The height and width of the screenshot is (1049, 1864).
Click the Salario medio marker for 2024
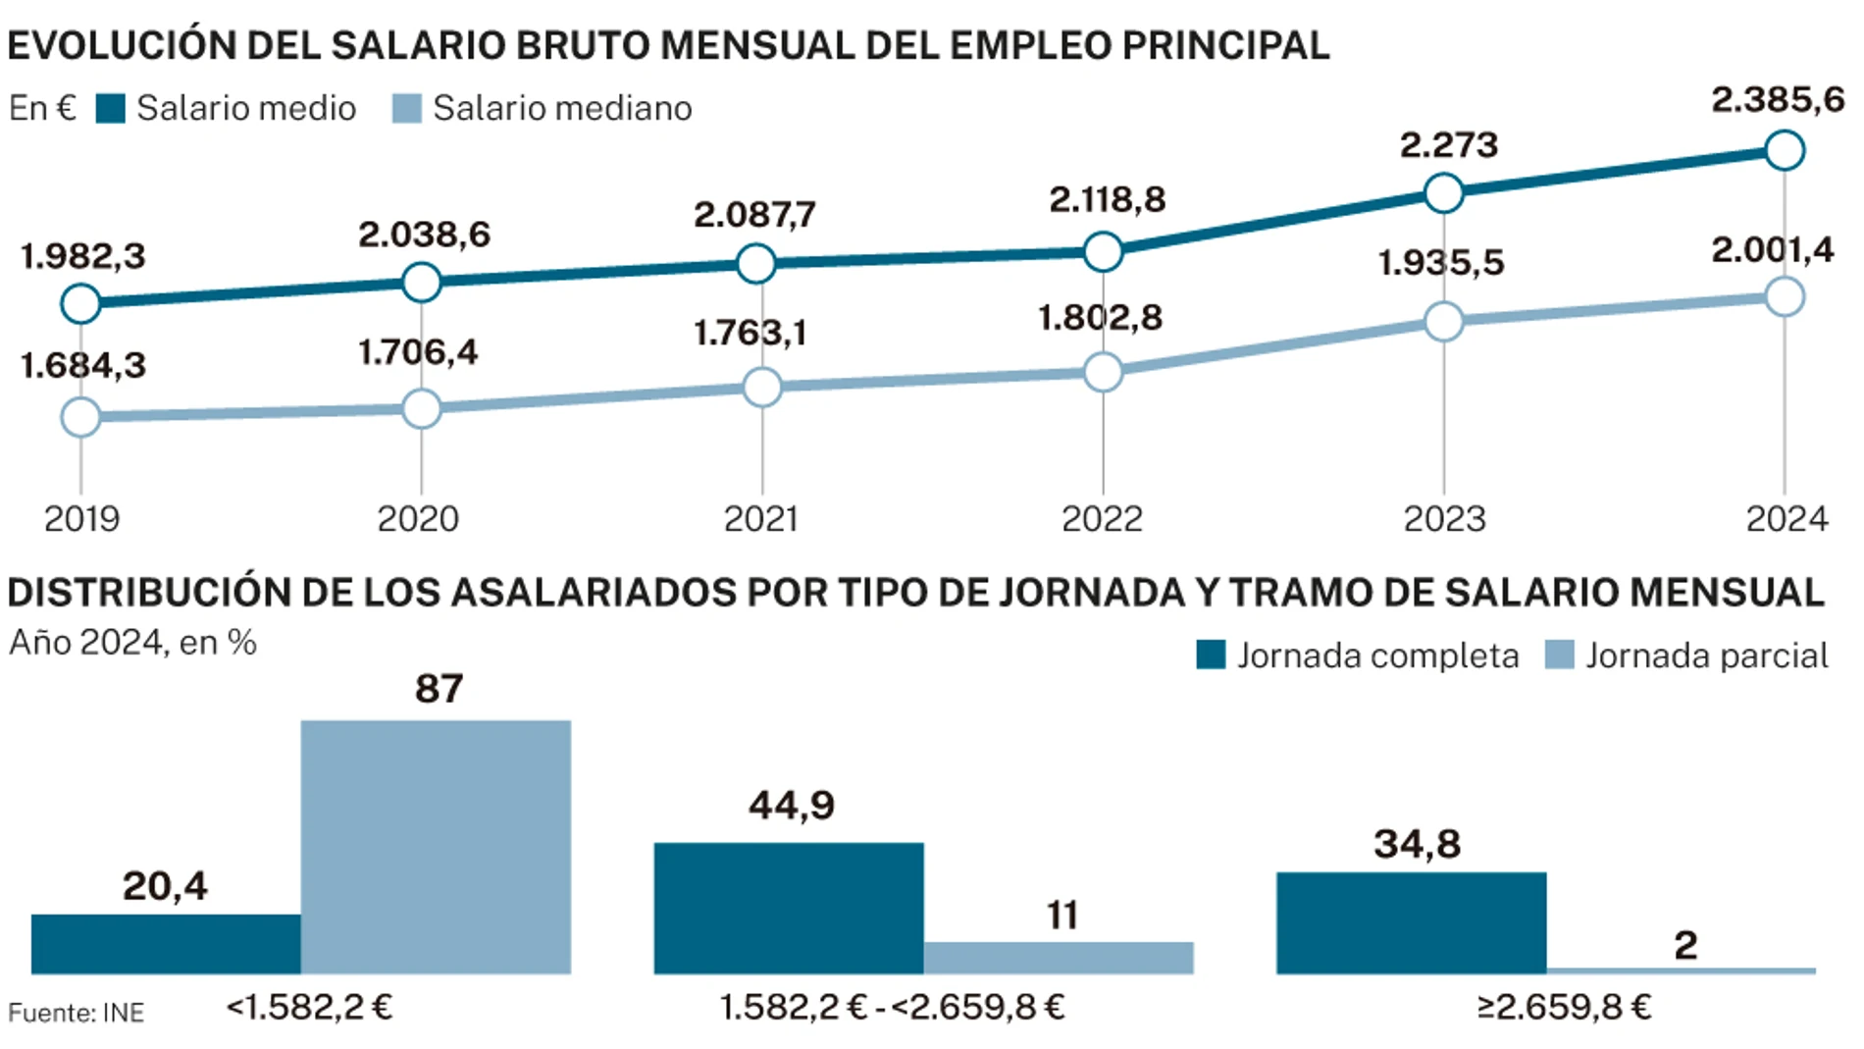pos(1784,151)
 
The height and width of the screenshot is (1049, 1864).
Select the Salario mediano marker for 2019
pos(80,417)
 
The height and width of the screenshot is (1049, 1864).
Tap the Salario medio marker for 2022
pos(1103,252)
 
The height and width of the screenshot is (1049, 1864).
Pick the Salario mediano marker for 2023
pos(1443,322)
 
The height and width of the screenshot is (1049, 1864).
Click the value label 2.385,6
pos(1777,100)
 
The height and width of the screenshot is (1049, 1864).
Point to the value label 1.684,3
pos(82,366)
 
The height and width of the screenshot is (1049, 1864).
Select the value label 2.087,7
pos(753,215)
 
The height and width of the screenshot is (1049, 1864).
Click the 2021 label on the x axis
pos(760,519)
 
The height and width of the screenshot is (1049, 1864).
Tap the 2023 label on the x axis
pos(1443,519)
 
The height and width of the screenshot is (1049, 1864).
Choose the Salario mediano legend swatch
pos(406,109)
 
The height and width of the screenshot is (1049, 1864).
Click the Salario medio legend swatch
pos(111,109)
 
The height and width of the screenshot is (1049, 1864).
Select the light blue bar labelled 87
pos(436,847)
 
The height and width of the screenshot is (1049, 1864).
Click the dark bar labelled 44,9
pos(789,908)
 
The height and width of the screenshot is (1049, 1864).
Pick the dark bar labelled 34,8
pos(1411,922)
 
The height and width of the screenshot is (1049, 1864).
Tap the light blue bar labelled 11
pos(1059,958)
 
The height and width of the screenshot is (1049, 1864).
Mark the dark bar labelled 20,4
pos(166,943)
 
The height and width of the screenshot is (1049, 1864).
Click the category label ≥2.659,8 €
pos(1564,1008)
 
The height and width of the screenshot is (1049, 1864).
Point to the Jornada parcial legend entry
pos(1686,656)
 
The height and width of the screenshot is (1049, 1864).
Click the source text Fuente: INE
pos(76,1013)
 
